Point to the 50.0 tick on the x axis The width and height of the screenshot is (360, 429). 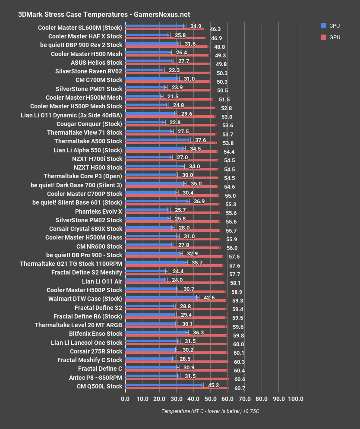tap(210, 398)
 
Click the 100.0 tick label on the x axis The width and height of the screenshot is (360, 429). tap(296, 398)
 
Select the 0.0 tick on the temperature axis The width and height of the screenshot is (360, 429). tap(125, 398)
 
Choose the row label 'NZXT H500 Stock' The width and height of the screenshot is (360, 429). tap(98, 167)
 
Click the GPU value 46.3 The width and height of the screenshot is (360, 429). tap(215, 29)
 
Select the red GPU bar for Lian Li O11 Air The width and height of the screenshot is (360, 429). tap(174, 283)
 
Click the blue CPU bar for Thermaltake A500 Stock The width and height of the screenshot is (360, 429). tap(157, 140)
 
